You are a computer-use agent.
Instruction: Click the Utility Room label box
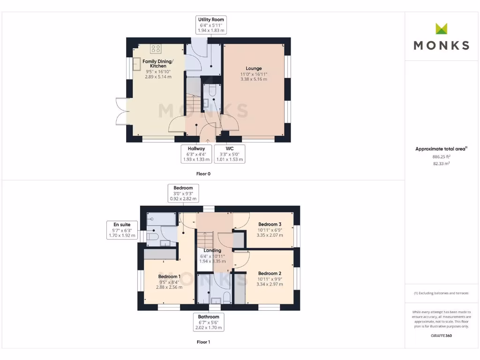click(211, 25)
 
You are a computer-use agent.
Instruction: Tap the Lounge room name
click(254, 68)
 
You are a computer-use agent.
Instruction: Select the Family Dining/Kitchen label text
click(157, 64)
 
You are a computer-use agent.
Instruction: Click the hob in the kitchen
click(156, 49)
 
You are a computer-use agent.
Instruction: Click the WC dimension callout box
click(229, 154)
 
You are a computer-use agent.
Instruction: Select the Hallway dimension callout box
click(197, 154)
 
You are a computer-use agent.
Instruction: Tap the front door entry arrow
click(208, 140)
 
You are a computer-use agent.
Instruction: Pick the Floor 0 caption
click(203, 174)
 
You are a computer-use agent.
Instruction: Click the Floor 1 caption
click(203, 342)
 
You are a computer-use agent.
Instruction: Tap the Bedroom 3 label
click(270, 224)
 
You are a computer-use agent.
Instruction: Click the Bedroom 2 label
click(270, 273)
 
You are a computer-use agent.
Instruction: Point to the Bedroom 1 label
click(169, 277)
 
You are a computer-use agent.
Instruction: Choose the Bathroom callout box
click(209, 322)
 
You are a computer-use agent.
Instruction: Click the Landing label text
click(212, 251)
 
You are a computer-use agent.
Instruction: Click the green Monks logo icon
click(442, 29)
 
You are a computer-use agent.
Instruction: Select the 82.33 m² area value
click(442, 164)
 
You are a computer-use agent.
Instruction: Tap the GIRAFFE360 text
click(442, 336)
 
